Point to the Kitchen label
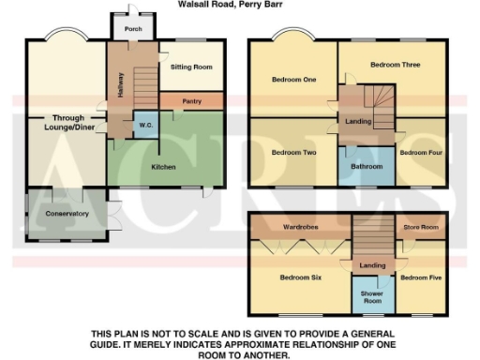click(x=165, y=168)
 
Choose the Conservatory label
click(x=67, y=214)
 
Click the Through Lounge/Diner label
click(x=67, y=124)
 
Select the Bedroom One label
click(x=294, y=81)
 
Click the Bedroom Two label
click(x=292, y=152)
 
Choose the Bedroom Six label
click(x=300, y=278)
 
